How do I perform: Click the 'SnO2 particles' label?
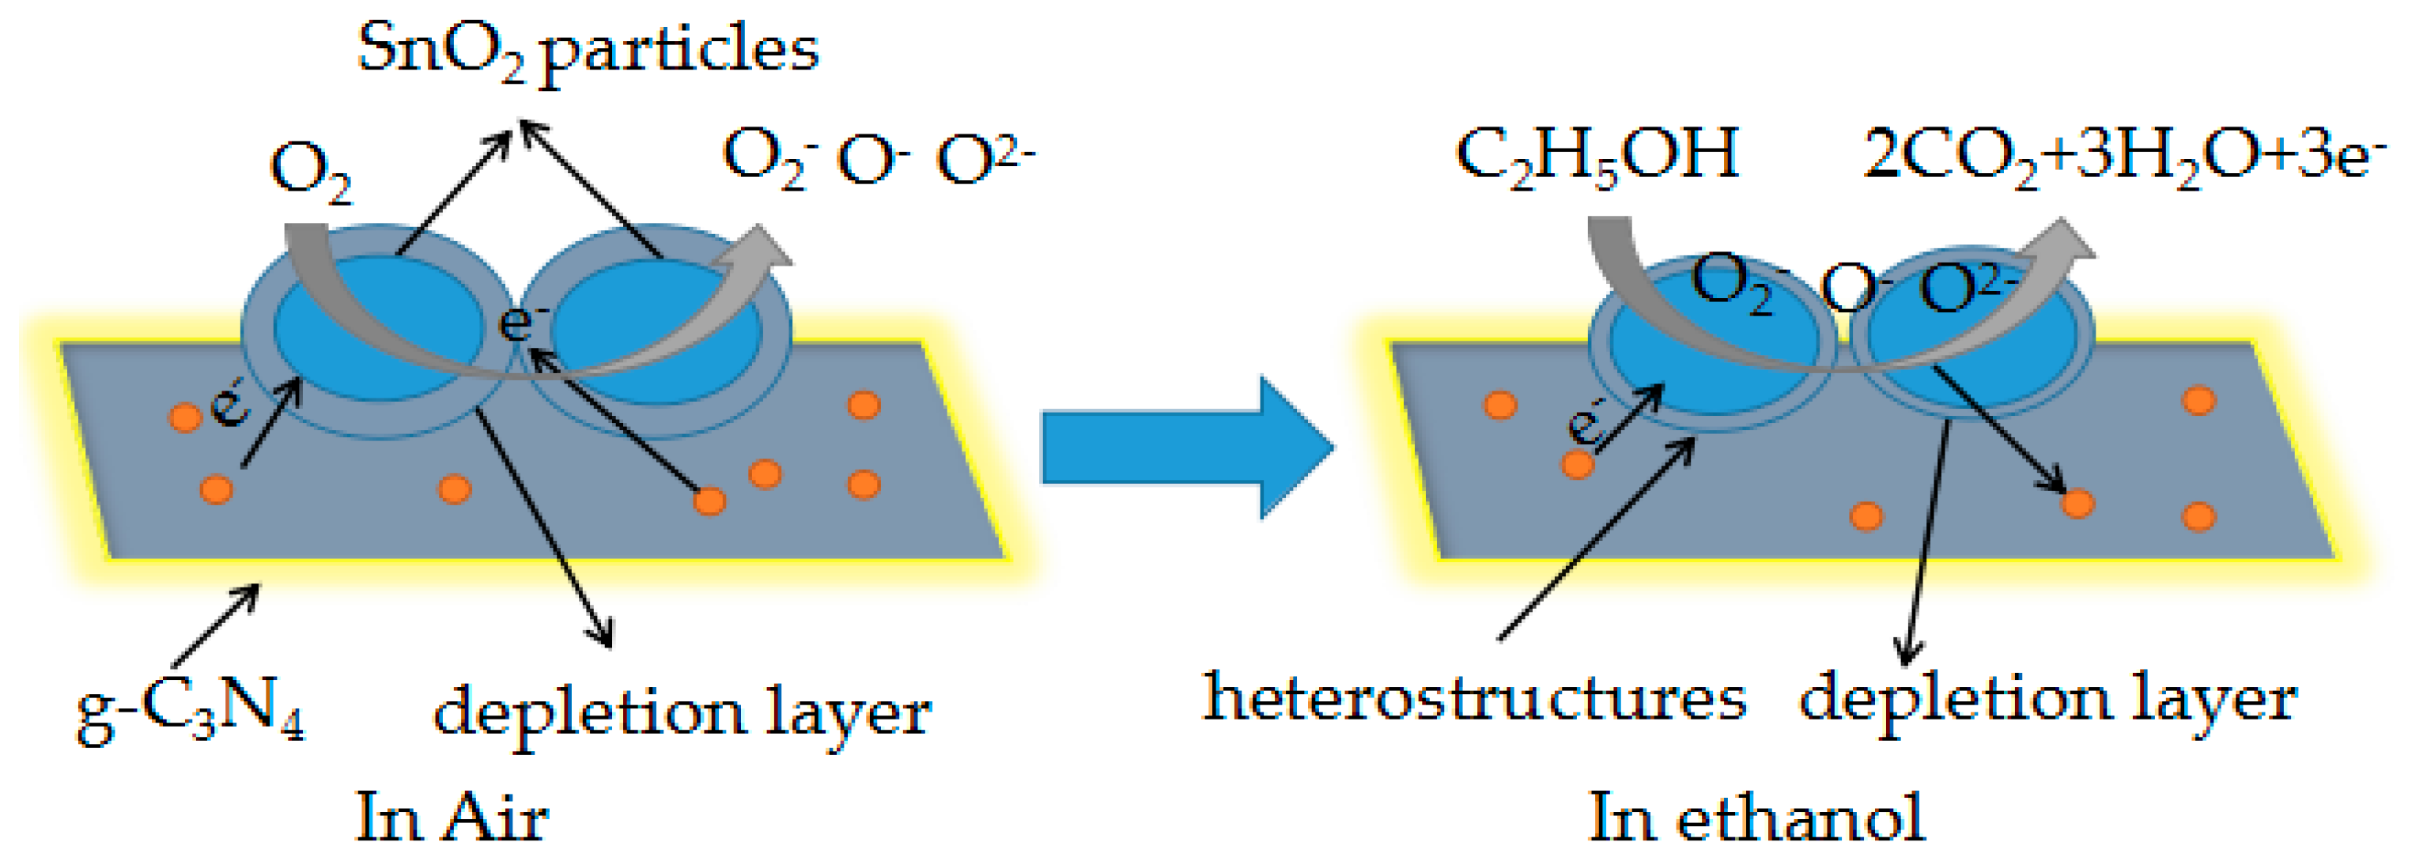[588, 49]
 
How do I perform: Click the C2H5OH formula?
[1597, 155]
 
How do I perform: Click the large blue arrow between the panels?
[1187, 447]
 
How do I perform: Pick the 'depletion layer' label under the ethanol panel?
[2047, 700]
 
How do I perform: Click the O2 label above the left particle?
[310, 174]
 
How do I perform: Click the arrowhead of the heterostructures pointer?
[1686, 444]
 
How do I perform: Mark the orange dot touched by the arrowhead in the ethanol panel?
[2078, 504]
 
